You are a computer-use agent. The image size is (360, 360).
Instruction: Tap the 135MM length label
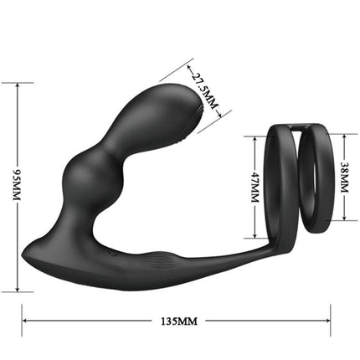[177, 320]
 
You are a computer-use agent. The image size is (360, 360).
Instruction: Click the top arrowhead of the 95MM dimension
[18, 85]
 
